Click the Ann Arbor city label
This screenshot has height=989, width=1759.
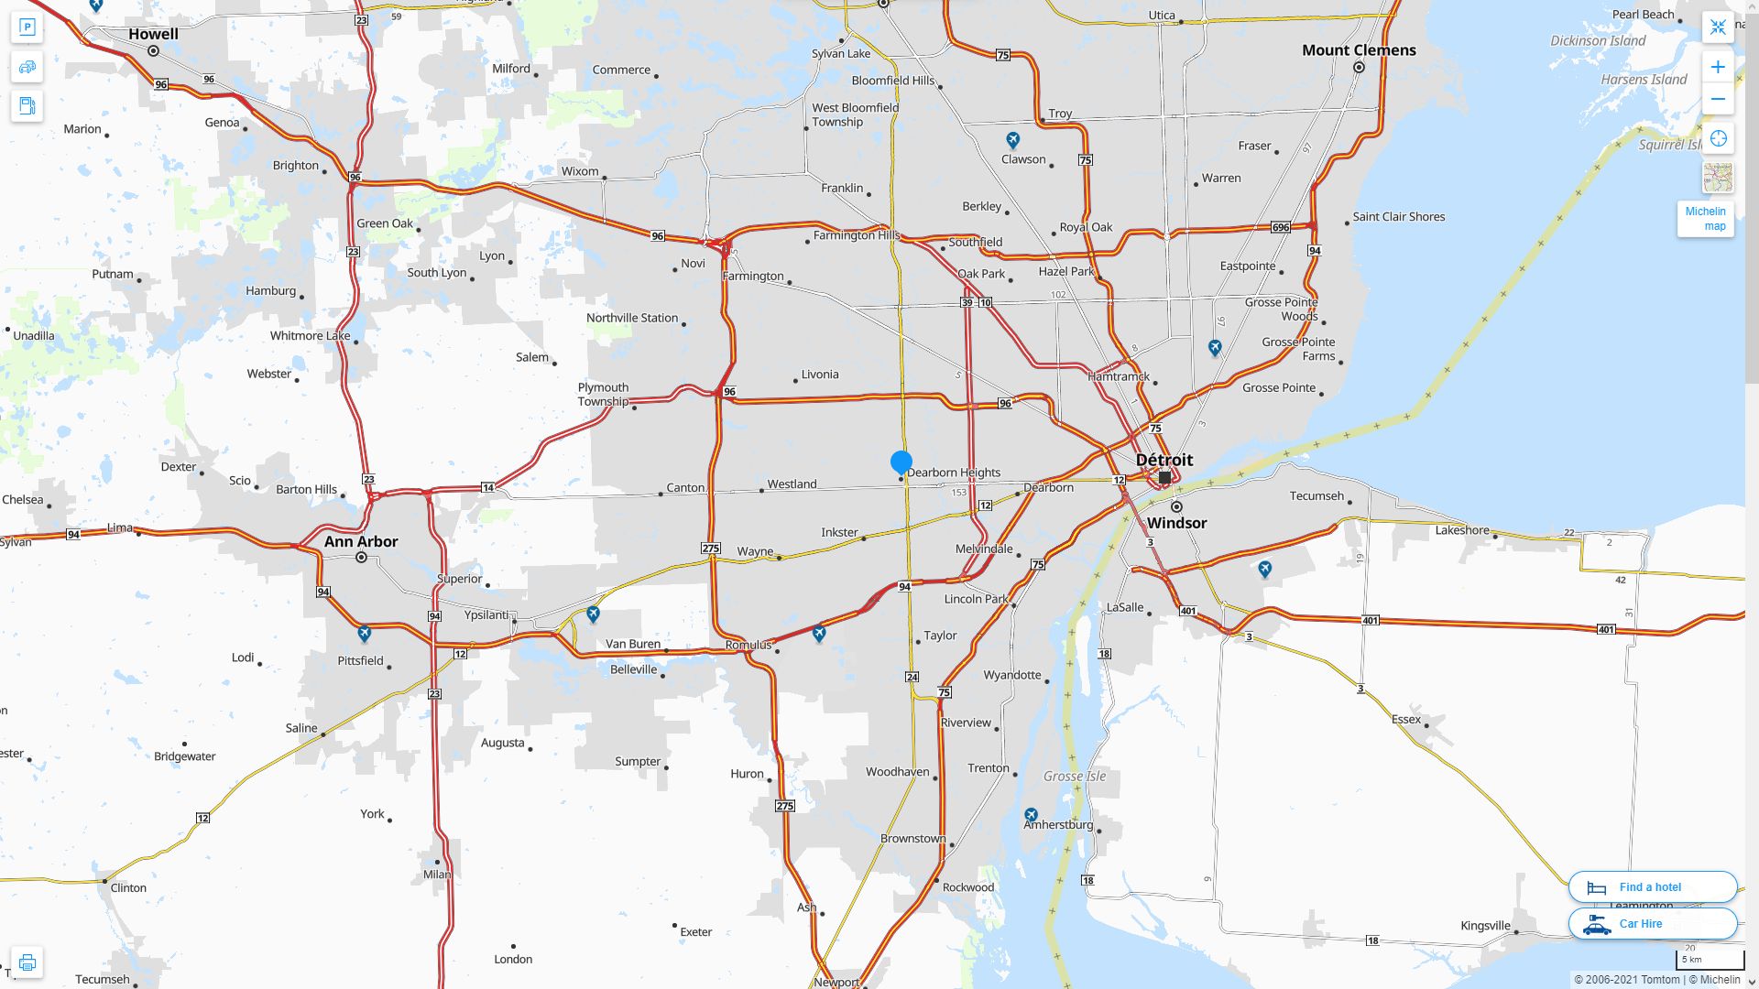click(x=361, y=541)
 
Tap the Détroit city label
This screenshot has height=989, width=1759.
click(x=1164, y=460)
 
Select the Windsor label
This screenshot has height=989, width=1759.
click(x=1176, y=523)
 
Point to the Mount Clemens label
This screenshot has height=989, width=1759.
click(x=1359, y=50)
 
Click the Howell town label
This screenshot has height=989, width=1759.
click(x=153, y=34)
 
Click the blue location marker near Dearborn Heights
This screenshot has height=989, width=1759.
click(x=901, y=462)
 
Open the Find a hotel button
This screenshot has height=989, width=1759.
click(x=1652, y=886)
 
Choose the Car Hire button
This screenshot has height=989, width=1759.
click(x=1652, y=923)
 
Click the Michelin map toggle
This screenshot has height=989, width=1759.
click(x=1705, y=219)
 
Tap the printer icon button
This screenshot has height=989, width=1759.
click(x=27, y=962)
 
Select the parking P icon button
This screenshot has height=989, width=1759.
click(x=27, y=27)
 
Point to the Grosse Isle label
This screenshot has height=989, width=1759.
click(x=1075, y=777)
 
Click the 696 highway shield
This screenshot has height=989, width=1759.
click(x=1280, y=227)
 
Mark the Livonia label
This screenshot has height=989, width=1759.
click(x=819, y=375)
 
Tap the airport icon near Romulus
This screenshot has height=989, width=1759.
click(x=819, y=633)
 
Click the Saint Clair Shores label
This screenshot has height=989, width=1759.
click(x=1398, y=217)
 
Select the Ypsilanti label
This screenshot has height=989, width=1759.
click(x=486, y=614)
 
